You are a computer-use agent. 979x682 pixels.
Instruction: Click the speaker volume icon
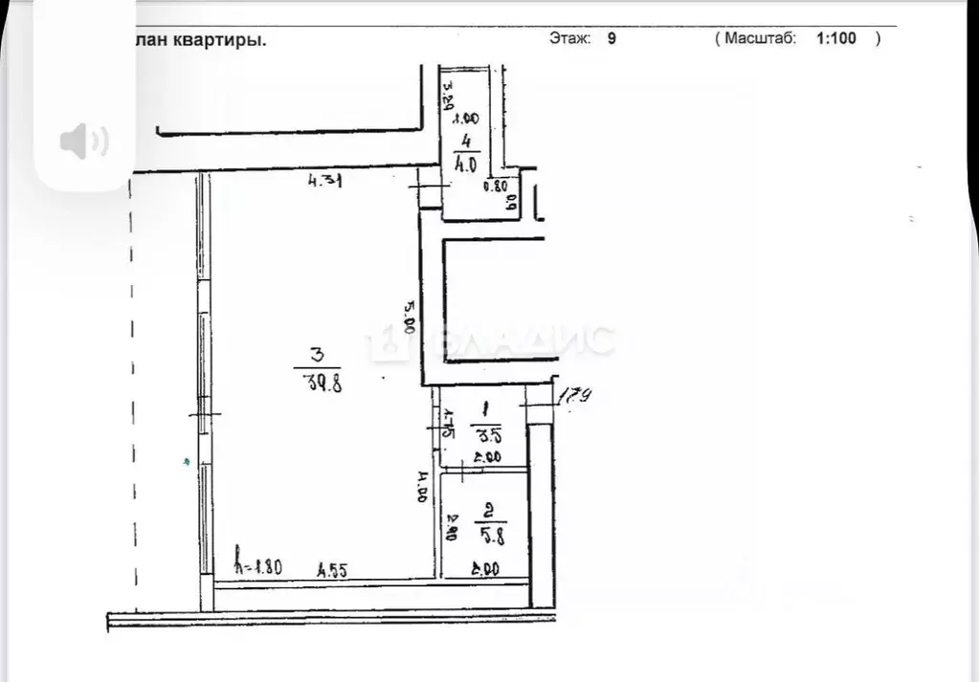click(x=84, y=142)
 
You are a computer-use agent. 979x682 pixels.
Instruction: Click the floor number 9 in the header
click(x=612, y=39)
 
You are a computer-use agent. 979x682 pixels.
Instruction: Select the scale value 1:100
click(x=835, y=39)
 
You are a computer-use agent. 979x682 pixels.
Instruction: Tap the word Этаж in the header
click(x=570, y=39)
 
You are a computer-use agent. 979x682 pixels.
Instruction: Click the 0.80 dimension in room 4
click(x=494, y=187)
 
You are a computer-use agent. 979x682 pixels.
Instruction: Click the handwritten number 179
click(x=571, y=394)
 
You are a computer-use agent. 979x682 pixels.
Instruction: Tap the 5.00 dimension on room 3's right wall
click(x=410, y=317)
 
